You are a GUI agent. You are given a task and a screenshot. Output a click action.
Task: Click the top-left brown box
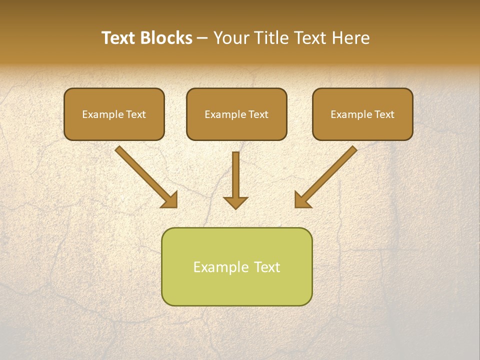114,114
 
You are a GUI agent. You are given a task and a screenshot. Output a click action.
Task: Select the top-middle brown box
236,114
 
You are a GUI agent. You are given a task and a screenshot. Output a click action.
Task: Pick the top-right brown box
362,114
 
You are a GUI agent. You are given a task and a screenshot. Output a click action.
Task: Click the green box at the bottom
236,266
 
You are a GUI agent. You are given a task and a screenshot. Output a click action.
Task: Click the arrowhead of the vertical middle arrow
235,202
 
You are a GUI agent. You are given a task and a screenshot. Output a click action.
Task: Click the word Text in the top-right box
384,114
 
